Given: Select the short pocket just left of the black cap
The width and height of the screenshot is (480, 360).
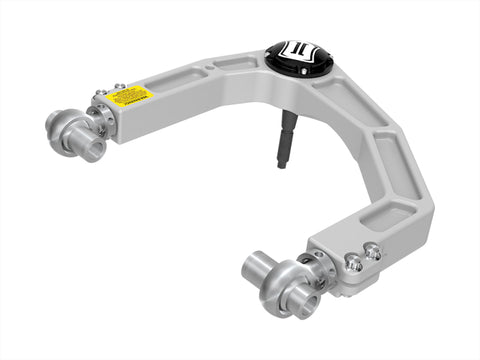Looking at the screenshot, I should tap(240, 63).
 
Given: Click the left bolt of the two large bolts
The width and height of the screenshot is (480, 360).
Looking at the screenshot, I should tap(352, 262).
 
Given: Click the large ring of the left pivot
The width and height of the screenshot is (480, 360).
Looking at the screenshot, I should tap(62, 125).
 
